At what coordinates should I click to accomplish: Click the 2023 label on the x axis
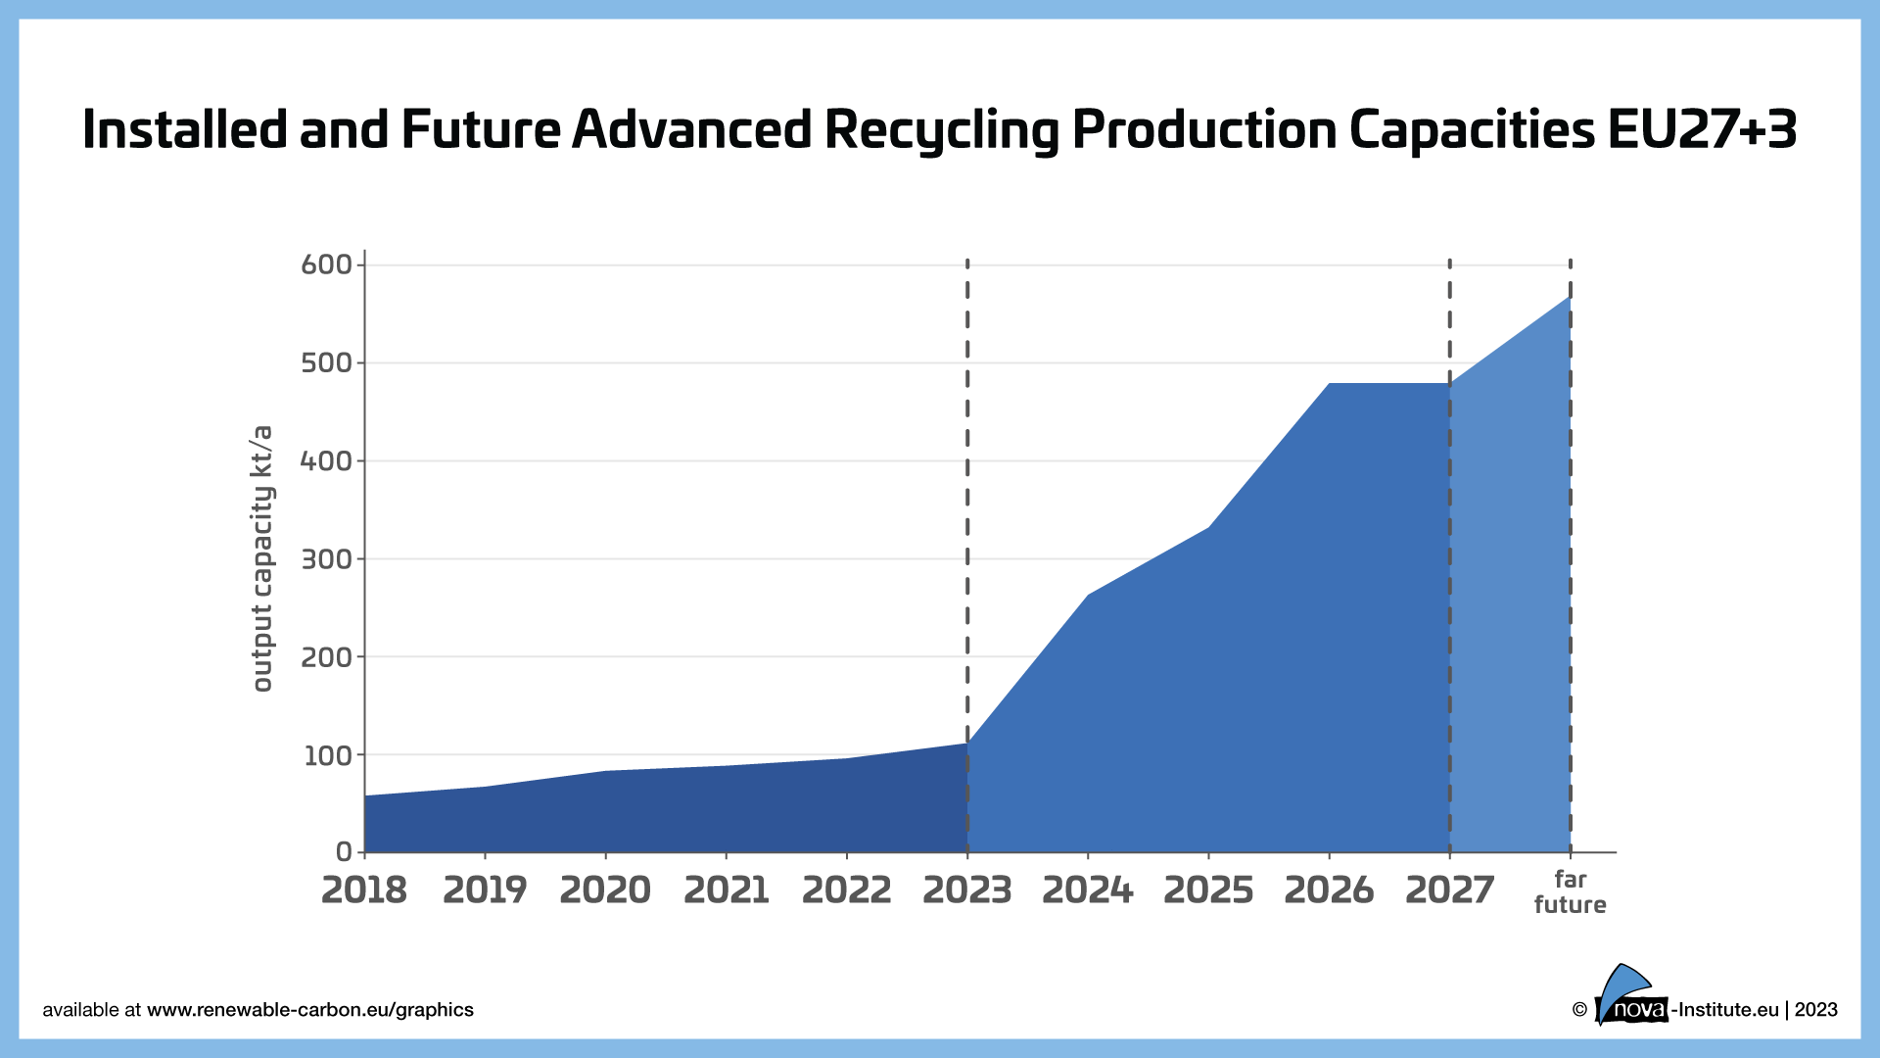966,890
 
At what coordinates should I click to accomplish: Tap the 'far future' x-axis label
1570,891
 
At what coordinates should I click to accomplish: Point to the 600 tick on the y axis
326,264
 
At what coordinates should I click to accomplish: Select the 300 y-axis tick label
326,559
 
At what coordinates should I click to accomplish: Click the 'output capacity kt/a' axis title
261,558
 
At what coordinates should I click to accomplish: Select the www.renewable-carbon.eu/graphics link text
309,1010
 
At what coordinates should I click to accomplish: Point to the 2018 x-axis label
364,890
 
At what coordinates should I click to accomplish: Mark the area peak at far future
1570,297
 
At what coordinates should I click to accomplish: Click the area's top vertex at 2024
1088,595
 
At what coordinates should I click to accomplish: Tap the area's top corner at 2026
1329,384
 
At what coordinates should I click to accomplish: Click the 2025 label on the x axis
1208,890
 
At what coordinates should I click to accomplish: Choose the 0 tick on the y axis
344,852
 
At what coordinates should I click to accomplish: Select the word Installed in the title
185,129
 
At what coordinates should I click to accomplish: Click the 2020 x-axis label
605,890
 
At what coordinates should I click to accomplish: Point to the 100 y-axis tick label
326,755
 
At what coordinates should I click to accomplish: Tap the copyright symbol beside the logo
1578,1010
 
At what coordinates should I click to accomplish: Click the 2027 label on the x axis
1449,890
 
